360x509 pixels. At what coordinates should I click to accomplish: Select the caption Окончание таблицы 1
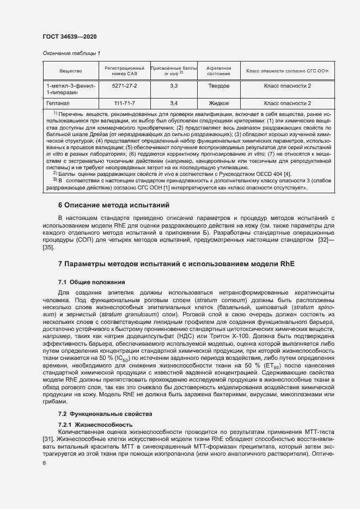click(71, 53)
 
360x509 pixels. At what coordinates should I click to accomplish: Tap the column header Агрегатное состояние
click(218, 71)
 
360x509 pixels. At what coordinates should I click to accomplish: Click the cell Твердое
click(218, 86)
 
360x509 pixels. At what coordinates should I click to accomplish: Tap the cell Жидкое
click(218, 102)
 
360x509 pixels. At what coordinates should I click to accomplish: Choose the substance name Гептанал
click(58, 102)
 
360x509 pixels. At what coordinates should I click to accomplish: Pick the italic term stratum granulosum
click(115, 315)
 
